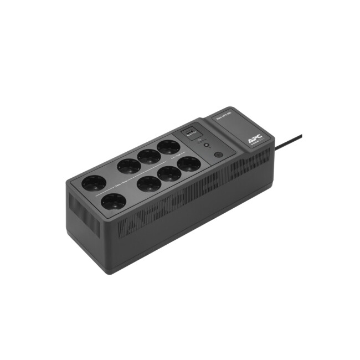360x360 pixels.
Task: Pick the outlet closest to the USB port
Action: pos(169,147)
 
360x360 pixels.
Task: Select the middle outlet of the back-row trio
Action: pos(148,156)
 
